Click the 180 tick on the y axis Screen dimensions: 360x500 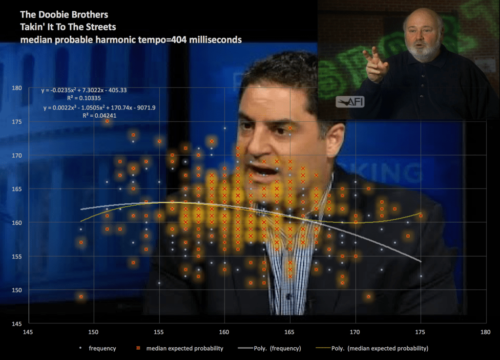pyautogui.click(x=17, y=88)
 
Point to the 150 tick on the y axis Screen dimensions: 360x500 pyautogui.click(x=17, y=290)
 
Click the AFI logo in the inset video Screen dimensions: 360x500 pyautogui.click(x=350, y=102)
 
